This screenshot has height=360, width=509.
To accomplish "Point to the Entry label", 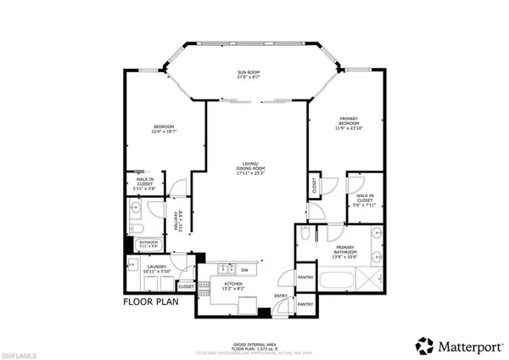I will [x=280, y=295].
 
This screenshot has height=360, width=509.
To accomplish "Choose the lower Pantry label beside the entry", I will [x=307, y=303].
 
